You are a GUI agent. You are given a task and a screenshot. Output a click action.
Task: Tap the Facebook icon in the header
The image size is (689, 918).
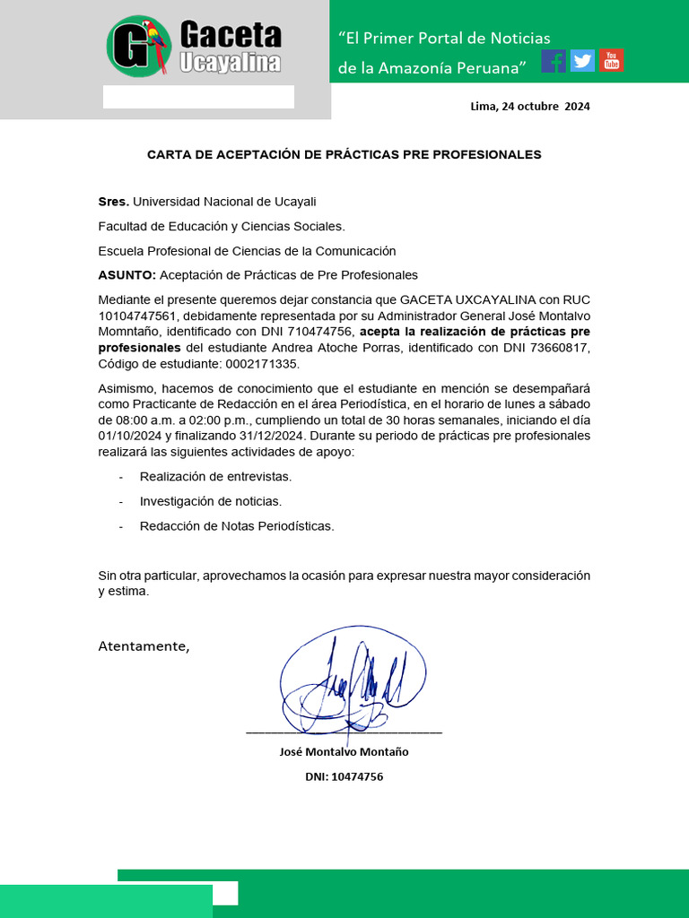pos(554,61)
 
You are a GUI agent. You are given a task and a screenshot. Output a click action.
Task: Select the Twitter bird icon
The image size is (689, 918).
pos(582,61)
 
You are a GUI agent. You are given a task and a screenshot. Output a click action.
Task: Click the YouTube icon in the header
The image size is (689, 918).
pos(612,60)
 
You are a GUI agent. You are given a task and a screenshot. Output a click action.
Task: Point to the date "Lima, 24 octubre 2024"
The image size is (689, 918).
pos(530,106)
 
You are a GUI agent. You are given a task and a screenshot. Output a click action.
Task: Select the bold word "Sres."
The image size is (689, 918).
pos(114,202)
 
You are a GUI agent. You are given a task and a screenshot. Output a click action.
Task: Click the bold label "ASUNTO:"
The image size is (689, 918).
pos(127,274)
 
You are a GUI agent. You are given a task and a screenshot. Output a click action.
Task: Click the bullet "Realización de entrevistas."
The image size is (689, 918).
pos(215,477)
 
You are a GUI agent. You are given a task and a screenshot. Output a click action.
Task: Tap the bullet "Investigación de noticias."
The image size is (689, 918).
pos(210,501)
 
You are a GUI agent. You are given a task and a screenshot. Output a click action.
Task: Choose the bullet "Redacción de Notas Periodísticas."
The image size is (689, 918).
pos(237,526)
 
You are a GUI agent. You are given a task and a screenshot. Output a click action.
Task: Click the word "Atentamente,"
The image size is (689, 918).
pos(144,646)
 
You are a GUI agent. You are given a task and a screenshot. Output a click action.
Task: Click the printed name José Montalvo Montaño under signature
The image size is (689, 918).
pos(344,751)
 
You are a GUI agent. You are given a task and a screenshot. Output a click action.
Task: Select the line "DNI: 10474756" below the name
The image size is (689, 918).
pos(344,776)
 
